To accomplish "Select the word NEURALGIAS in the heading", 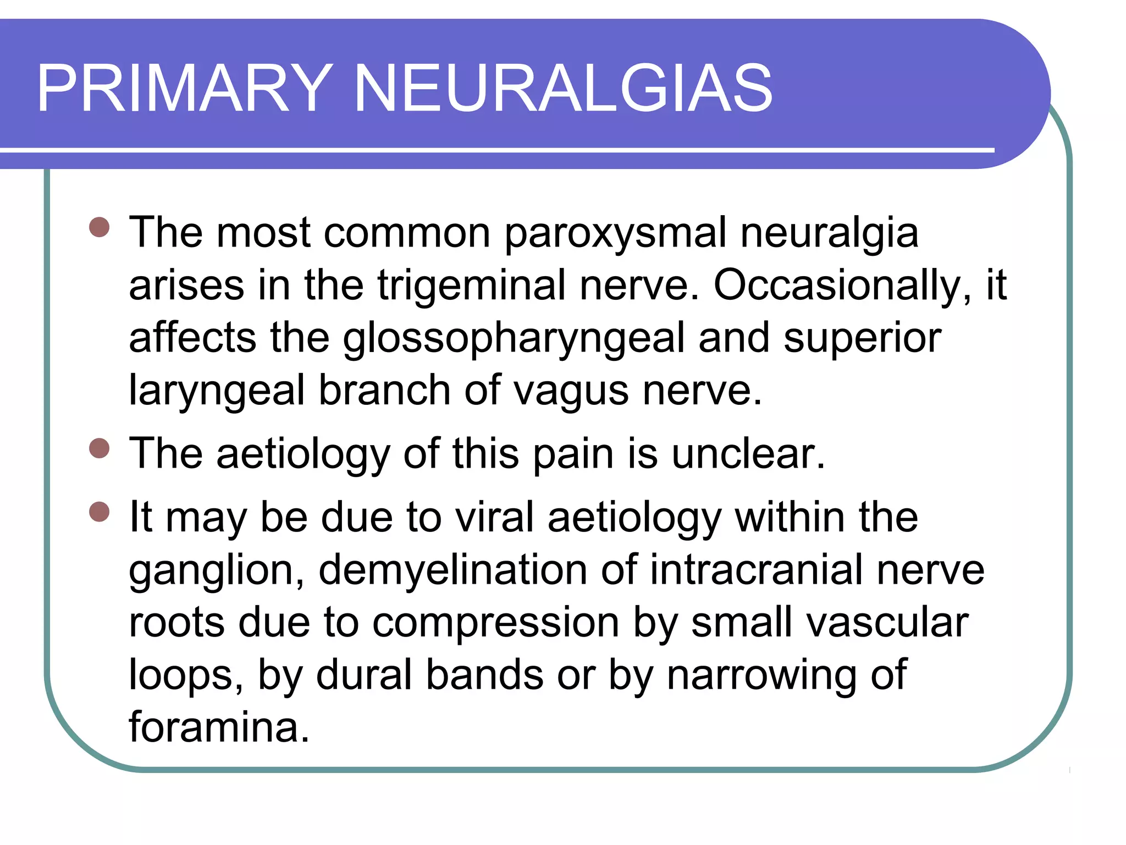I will [x=564, y=88].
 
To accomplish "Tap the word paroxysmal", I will [x=615, y=233].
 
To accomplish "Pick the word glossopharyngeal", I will [x=514, y=338].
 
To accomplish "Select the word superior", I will [x=862, y=337].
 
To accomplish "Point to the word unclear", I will [x=748, y=454].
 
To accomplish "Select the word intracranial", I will [x=757, y=570].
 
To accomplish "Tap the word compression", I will [x=496, y=623].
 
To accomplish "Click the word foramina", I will [x=219, y=727].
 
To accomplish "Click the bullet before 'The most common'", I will [x=100, y=227].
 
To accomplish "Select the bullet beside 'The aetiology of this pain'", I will [x=100, y=448].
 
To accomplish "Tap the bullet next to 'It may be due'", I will [x=100, y=512].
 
